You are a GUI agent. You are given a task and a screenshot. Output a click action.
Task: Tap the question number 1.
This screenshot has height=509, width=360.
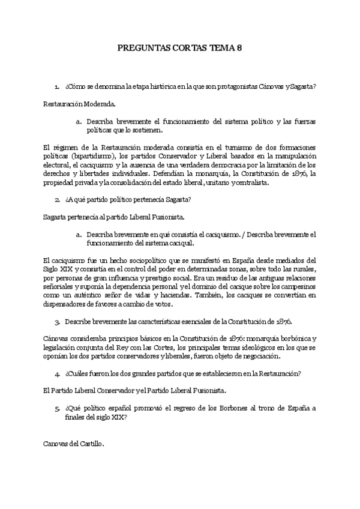pyautogui.click(x=56, y=87)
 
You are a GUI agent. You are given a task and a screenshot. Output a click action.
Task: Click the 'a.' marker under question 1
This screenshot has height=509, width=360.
pyautogui.click(x=79, y=121)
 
